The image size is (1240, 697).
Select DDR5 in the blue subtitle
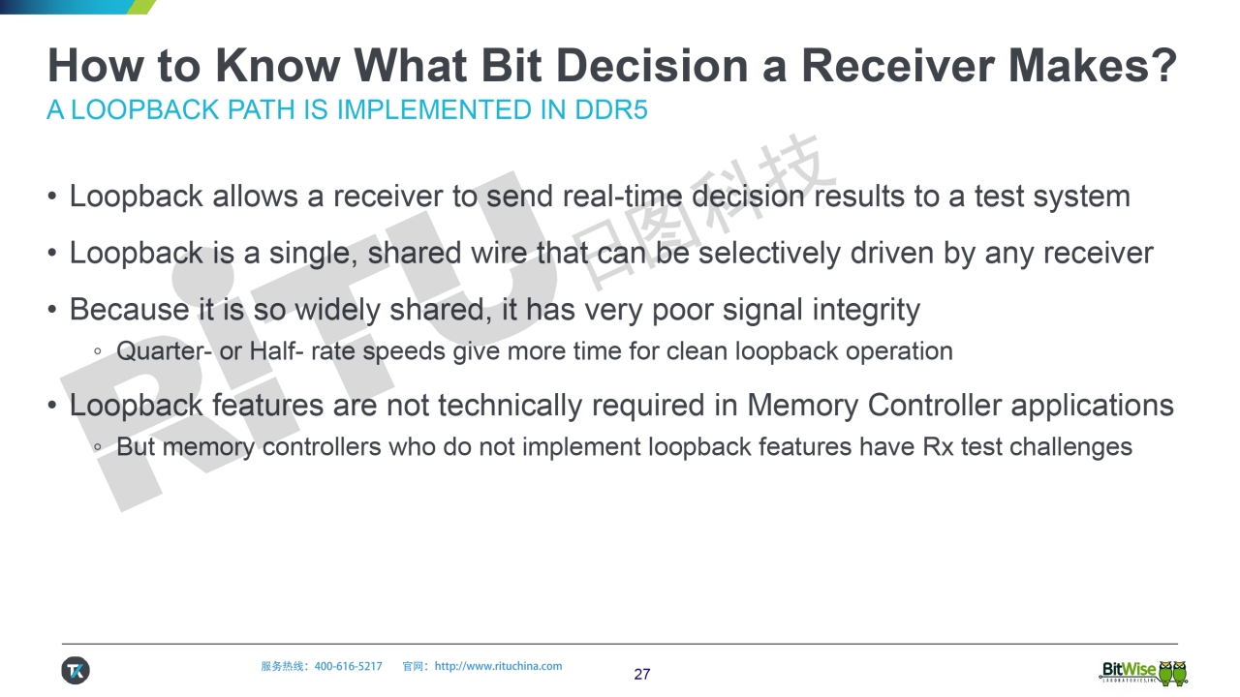pyautogui.click(x=611, y=109)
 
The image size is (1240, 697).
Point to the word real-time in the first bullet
pyautogui.click(x=622, y=197)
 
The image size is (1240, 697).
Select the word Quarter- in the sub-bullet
pyautogui.click(x=164, y=351)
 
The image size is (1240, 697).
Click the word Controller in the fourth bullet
pyautogui.click(x=935, y=406)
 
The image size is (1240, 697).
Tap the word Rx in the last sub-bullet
pyautogui.click(x=938, y=447)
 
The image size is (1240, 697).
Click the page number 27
pyautogui.click(x=642, y=674)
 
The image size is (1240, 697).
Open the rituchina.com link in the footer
pyautogui.click(x=498, y=666)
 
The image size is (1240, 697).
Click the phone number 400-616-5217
pyautogui.click(x=348, y=666)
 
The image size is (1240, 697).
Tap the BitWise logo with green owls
pyautogui.click(x=1143, y=672)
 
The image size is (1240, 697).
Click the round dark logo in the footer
pyautogui.click(x=76, y=671)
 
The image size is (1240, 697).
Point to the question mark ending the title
pyautogui.click(x=1164, y=64)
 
